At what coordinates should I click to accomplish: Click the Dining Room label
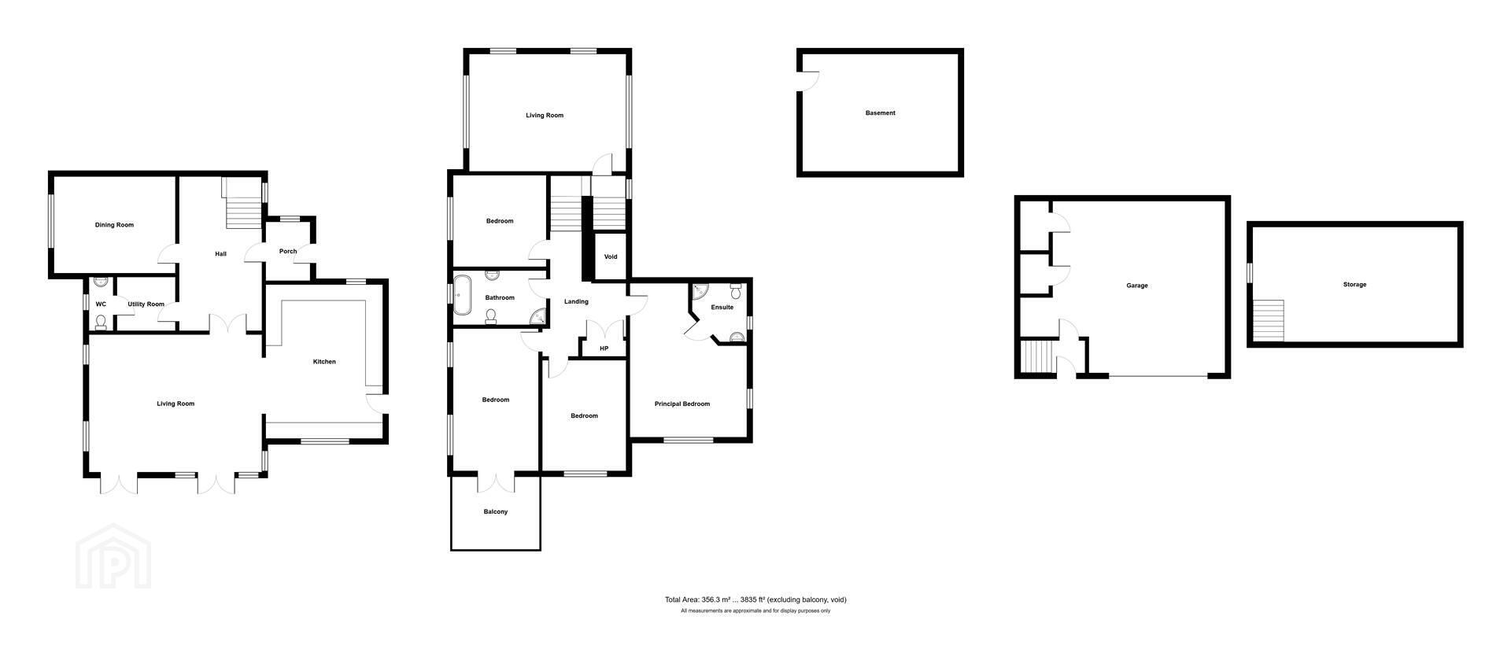[114, 225]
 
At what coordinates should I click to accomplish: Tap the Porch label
[288, 252]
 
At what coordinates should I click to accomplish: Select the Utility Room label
[146, 304]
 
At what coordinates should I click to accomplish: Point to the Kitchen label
[324, 362]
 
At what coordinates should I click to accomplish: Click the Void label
[611, 257]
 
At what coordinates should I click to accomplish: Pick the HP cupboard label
[604, 349]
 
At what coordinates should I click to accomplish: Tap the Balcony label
[496, 512]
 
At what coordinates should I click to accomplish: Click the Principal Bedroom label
[682, 404]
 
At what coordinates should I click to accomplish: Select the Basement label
[881, 113]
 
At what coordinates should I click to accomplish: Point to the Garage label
[1137, 286]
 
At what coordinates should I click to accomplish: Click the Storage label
[1355, 285]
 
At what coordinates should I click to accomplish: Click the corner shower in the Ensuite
[700, 292]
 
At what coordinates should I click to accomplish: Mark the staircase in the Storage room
[1269, 320]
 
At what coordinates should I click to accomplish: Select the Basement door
[809, 81]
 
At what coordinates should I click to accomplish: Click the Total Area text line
[755, 599]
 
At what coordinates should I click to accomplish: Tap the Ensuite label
[722, 308]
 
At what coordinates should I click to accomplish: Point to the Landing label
[577, 302]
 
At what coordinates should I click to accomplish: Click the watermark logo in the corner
[113, 556]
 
